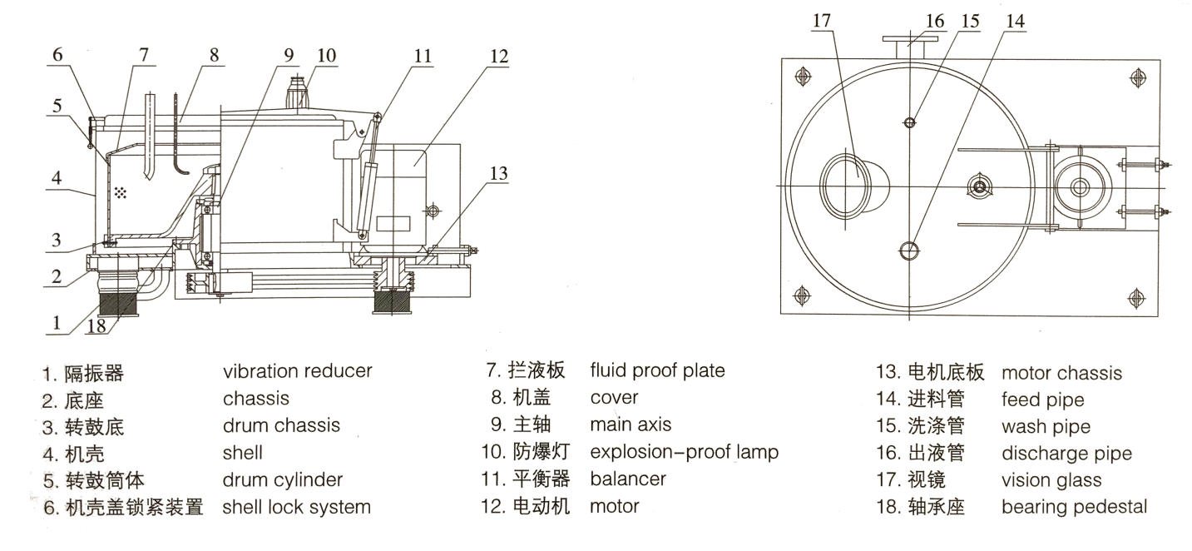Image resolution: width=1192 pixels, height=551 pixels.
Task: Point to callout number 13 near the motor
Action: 497,173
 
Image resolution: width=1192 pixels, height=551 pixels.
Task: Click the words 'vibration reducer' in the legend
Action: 297,370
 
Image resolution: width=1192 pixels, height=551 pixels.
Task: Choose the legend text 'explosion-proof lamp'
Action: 684,452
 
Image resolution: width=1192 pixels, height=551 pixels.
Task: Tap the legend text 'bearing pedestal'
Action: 1074,506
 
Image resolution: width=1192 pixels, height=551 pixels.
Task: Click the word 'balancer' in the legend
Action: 628,479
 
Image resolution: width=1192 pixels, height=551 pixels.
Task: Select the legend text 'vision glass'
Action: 1051,479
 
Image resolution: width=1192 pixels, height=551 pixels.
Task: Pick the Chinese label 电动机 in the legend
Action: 541,506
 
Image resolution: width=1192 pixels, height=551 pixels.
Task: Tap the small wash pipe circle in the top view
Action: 909,122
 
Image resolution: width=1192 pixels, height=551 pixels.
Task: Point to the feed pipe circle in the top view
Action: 910,250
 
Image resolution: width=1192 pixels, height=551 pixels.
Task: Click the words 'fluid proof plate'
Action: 657,370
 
